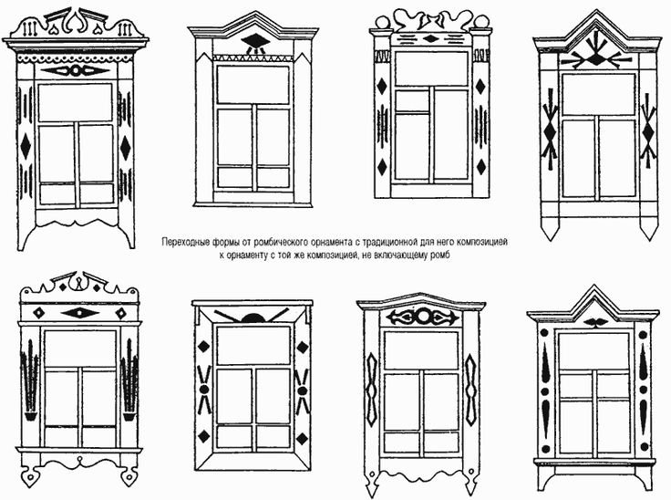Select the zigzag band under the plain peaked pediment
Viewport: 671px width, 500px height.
pos(254,59)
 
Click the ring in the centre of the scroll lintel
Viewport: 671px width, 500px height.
pos(421,318)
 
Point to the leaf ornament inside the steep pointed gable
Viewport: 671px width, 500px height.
pos(594,322)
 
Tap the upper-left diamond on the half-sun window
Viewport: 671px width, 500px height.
pos(203,347)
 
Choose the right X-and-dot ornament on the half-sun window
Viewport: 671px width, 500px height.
pos(302,388)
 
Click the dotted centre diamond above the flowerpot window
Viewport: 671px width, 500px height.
pos(80,312)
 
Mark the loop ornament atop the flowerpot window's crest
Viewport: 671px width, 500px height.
pos(80,281)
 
